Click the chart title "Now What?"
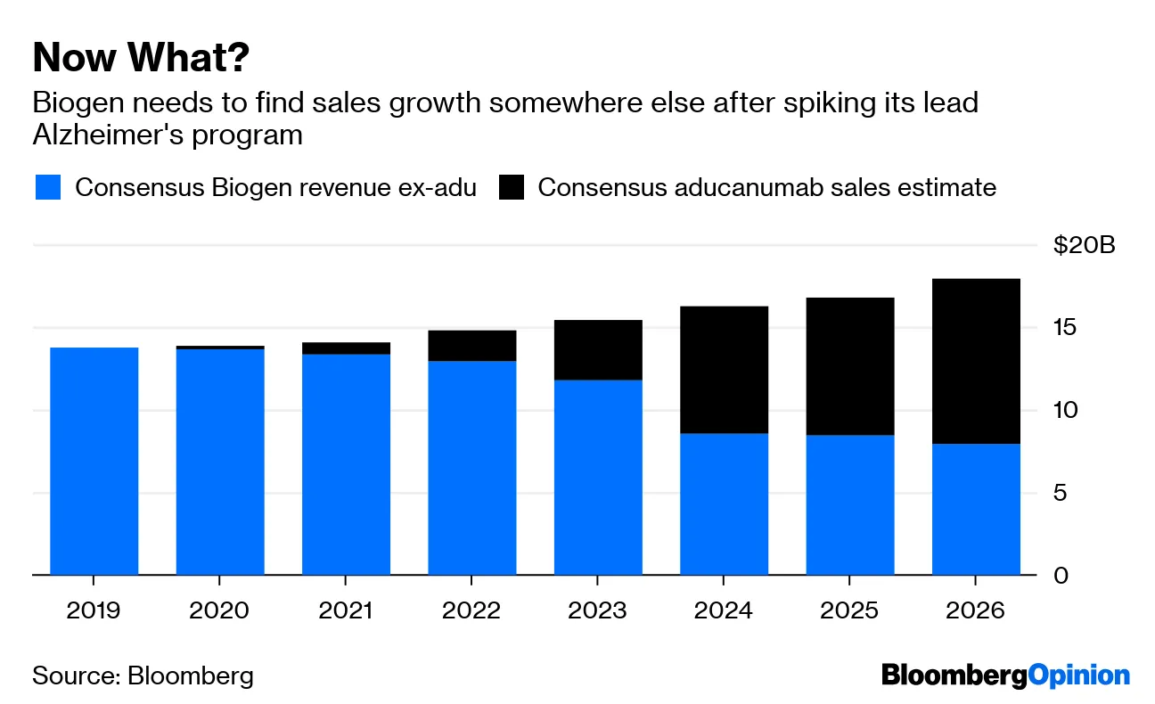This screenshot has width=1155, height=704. [x=141, y=59]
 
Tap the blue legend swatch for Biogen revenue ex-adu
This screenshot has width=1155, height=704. [x=47, y=188]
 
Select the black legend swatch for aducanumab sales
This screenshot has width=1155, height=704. [x=512, y=188]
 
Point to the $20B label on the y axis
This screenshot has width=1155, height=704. [x=1083, y=245]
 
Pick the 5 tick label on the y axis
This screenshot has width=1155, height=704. [x=1061, y=493]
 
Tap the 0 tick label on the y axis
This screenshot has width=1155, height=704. [x=1061, y=576]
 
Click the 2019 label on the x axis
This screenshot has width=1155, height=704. [x=94, y=611]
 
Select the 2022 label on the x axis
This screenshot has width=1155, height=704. [x=472, y=611]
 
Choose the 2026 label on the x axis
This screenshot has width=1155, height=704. [x=976, y=611]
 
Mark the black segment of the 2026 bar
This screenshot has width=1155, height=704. [x=976, y=361]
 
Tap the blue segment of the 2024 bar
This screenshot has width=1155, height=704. [x=724, y=504]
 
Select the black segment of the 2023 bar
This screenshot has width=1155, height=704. [x=598, y=350]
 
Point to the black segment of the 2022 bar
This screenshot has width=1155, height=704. [x=472, y=346]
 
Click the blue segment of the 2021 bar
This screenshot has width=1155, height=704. [x=346, y=464]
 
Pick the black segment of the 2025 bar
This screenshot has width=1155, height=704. [x=850, y=366]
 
